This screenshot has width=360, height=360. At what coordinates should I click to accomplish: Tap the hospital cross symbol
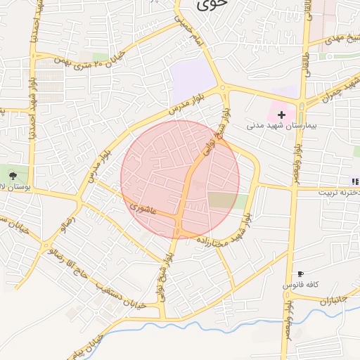pos(282,114)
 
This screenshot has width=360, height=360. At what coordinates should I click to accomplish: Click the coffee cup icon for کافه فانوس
pos(301,274)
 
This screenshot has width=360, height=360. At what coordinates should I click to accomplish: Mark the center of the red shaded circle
pos(180,179)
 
